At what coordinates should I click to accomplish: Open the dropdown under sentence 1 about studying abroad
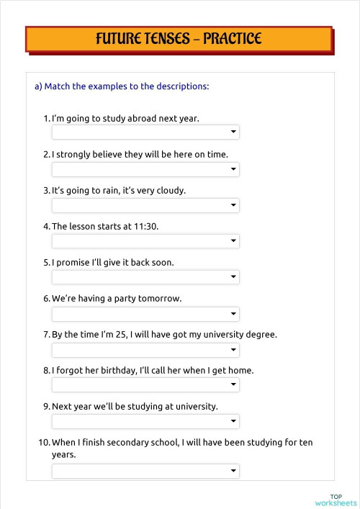145,132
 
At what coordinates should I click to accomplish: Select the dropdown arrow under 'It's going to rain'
233,205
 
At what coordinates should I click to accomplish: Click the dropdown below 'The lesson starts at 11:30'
145,241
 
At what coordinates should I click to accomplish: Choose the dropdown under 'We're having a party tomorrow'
145,313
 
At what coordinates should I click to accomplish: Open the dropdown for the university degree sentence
145,349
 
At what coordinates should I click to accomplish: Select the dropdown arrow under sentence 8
233,385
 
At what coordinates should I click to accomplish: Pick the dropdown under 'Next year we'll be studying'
145,421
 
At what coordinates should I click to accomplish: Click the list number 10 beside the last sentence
44,442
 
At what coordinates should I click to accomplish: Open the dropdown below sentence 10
145,471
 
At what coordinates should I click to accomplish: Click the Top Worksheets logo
336,499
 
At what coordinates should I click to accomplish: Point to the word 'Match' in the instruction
58,86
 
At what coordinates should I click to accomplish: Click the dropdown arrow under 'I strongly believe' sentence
233,169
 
